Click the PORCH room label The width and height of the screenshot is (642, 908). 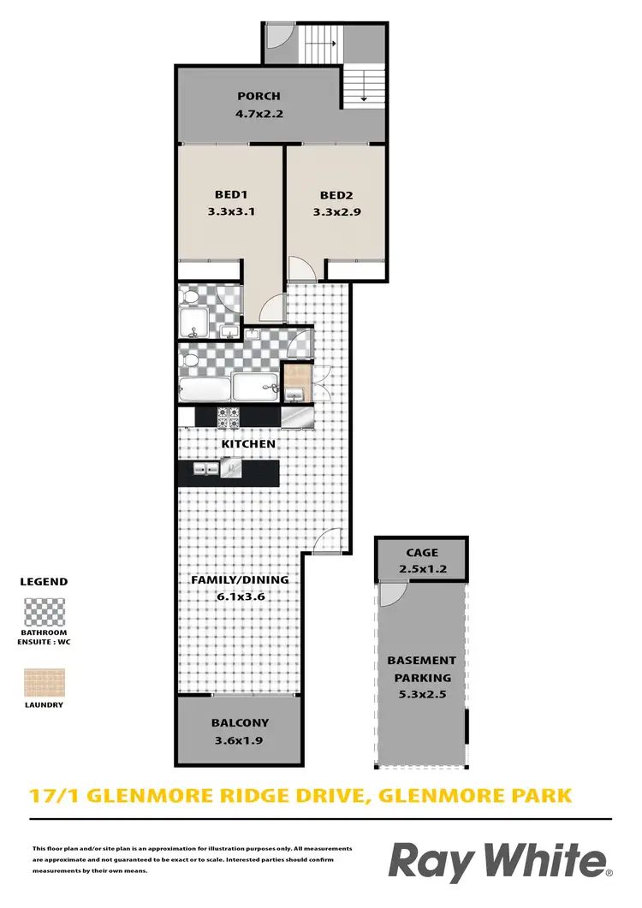(259, 97)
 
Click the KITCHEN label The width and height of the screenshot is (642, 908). (248, 444)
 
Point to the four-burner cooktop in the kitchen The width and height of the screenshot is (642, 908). (229, 417)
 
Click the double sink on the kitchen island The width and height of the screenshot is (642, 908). (205, 469)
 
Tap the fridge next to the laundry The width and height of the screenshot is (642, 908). (298, 417)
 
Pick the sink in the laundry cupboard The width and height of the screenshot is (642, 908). (295, 393)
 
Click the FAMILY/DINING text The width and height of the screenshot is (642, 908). (239, 579)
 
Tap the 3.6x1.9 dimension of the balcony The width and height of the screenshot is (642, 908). (240, 739)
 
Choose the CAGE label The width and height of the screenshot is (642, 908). (422, 554)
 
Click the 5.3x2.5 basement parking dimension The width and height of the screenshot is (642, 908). (421, 695)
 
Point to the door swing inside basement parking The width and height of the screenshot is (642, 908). (392, 595)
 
